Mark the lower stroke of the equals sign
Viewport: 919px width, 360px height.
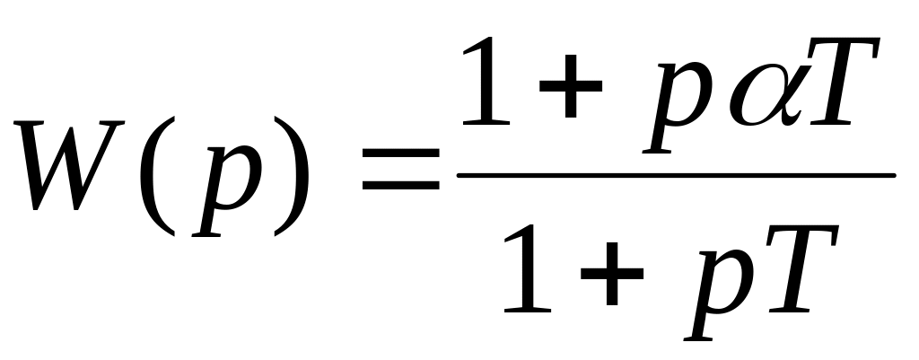(400, 189)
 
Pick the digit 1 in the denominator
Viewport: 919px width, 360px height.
(530, 269)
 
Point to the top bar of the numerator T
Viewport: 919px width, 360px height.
(844, 49)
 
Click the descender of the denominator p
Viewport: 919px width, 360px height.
(696, 328)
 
